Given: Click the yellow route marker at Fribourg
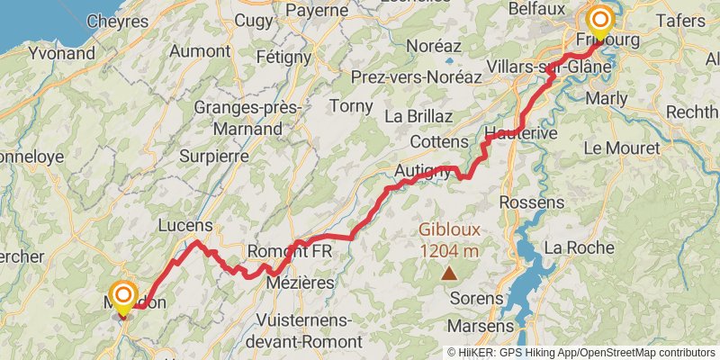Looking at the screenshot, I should (599, 20).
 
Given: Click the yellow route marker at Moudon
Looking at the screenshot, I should (122, 295).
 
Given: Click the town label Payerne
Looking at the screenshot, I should (316, 11).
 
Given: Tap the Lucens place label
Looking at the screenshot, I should (184, 225).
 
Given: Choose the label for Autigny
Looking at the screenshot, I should (422, 171).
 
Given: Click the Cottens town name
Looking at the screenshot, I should (439, 142).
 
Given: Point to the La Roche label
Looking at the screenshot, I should (579, 247).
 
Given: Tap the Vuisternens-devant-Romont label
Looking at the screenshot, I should (308, 330).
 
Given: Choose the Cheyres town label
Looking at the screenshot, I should (117, 20).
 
